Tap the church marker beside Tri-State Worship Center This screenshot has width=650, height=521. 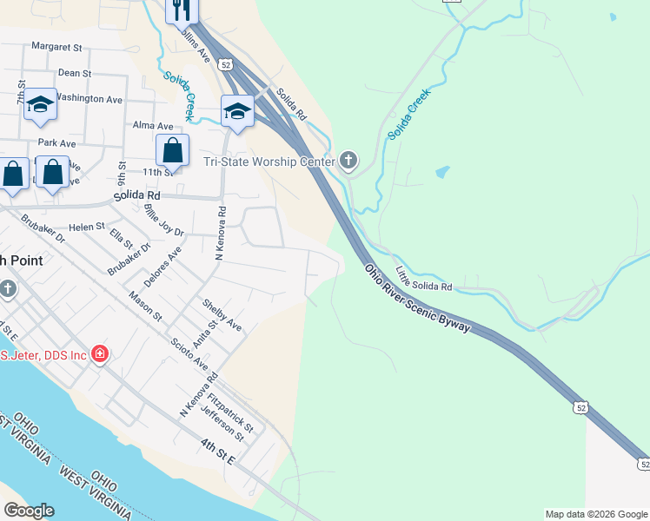click(348, 161)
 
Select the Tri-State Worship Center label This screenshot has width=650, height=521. click(269, 162)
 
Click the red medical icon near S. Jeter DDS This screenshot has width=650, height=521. click(100, 354)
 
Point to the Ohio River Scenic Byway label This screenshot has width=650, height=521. click(418, 300)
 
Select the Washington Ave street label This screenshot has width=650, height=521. click(90, 99)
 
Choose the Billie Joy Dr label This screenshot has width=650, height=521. click(165, 221)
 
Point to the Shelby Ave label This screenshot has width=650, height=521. click(222, 315)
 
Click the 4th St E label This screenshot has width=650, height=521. click(217, 452)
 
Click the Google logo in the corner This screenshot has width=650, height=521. click(29, 511)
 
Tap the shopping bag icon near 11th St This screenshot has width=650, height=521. click(173, 150)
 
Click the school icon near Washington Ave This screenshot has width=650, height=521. click(40, 105)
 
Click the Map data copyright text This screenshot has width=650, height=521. click(596, 514)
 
